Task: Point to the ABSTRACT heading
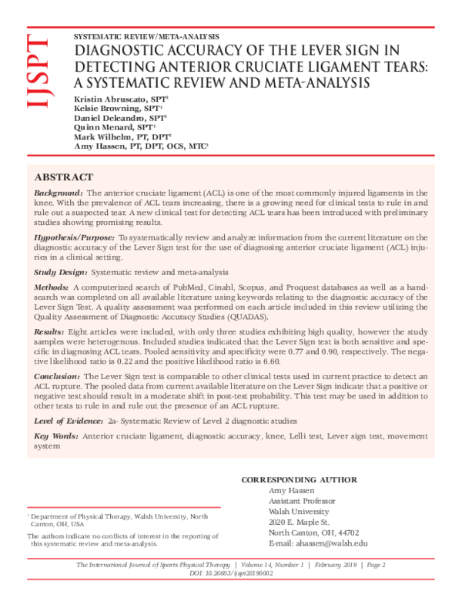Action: [x=65, y=176]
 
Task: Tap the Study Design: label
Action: [x=62, y=274]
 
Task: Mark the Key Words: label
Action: [x=56, y=436]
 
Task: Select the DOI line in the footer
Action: [x=231, y=575]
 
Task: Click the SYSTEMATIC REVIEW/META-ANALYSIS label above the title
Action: [x=146, y=36]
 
